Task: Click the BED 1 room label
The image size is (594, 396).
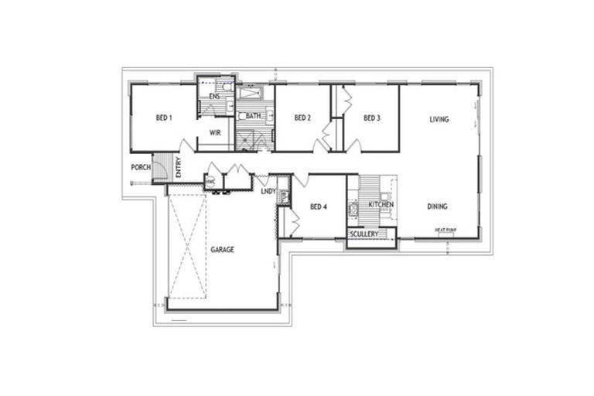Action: (163, 118)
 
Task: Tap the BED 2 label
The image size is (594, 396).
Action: (302, 118)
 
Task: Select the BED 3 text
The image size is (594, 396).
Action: (371, 118)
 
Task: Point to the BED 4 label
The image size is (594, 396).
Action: (318, 207)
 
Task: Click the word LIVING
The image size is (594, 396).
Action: (439, 119)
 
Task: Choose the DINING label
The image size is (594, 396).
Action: (438, 206)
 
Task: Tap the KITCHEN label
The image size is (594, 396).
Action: (381, 204)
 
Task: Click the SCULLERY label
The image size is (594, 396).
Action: (363, 234)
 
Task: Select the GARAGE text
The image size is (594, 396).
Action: (222, 250)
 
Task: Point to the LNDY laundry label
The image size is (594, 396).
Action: (268, 191)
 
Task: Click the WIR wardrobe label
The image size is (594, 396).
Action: (216, 132)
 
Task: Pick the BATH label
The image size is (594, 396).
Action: (254, 116)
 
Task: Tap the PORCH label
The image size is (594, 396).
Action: (141, 167)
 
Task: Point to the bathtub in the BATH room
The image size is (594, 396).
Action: (251, 94)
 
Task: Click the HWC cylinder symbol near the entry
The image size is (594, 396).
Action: (210, 182)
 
